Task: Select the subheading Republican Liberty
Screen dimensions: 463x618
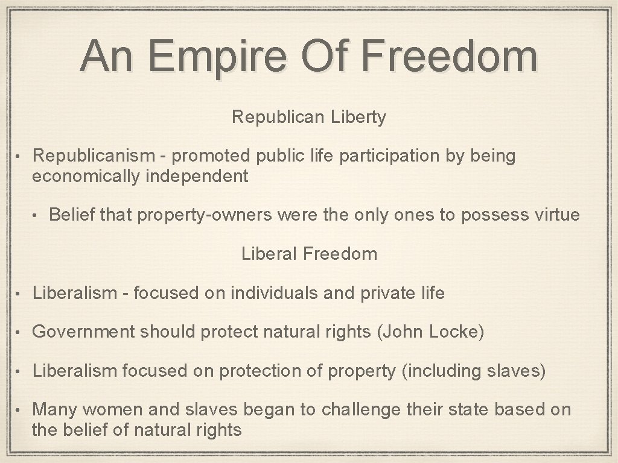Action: (308, 117)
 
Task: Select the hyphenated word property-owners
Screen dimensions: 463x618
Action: (205, 215)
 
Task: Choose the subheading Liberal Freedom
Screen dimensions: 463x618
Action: (309, 254)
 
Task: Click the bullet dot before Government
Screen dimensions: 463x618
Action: (20, 333)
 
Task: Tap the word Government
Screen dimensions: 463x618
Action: (84, 332)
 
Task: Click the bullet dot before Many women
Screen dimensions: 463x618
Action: (20, 411)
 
